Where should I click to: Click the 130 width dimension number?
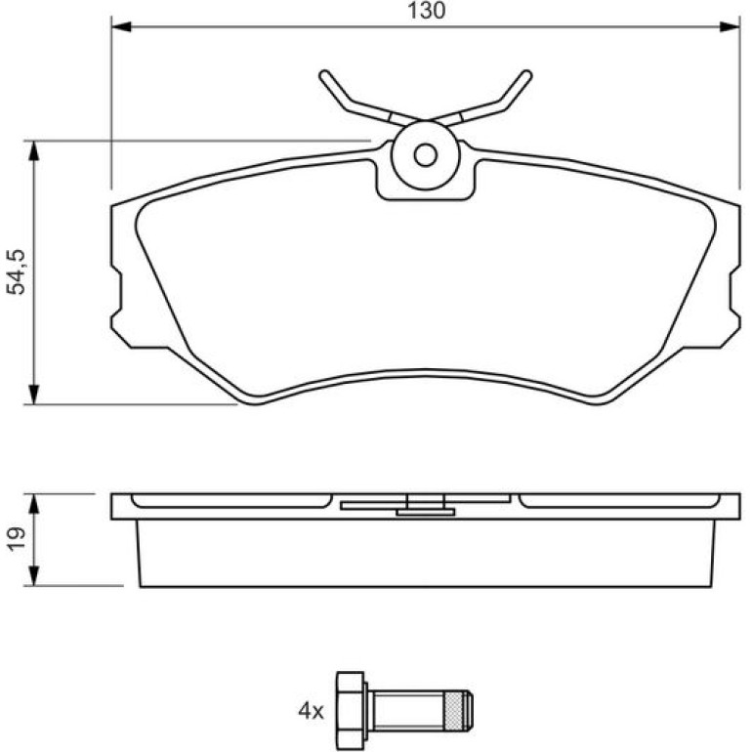click(x=427, y=11)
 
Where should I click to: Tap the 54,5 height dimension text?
click(x=15, y=272)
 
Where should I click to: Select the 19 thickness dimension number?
click(x=15, y=539)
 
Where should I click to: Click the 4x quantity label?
click(x=311, y=711)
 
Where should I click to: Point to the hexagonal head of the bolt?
click(x=351, y=710)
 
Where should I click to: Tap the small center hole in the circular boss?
click(x=426, y=155)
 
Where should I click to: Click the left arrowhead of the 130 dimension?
click(x=121, y=26)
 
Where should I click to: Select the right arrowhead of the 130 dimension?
click(x=730, y=26)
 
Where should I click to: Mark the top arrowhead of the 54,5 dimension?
click(x=33, y=151)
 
